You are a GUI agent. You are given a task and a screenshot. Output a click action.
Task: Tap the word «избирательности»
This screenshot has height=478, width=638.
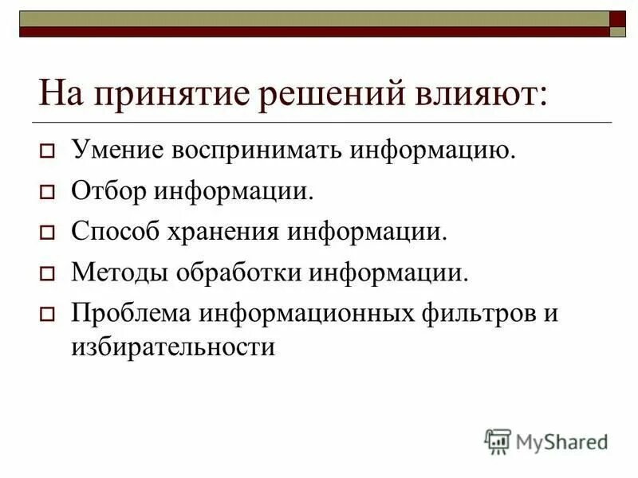click(x=173, y=347)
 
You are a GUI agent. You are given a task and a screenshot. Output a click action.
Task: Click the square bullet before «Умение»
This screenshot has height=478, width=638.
click(x=46, y=151)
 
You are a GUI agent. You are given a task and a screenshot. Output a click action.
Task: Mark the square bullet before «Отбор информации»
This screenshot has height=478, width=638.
click(x=46, y=192)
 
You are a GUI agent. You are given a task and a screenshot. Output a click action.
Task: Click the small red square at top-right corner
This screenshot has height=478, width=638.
click(x=618, y=19)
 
